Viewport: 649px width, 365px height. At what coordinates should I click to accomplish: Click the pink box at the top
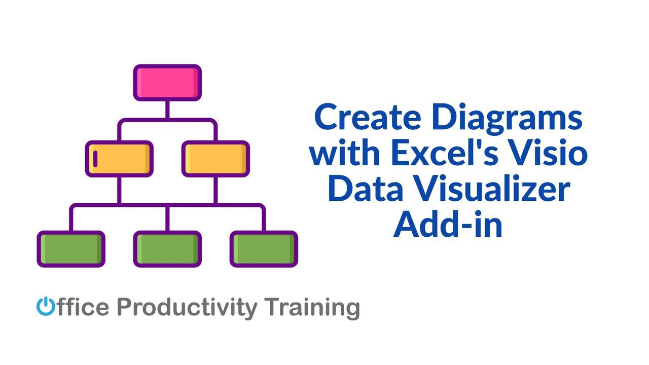(x=167, y=83)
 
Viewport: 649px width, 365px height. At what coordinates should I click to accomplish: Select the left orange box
(x=119, y=159)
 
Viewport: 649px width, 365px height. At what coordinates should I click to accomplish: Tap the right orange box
(x=215, y=159)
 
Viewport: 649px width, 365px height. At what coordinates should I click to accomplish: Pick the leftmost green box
(x=71, y=249)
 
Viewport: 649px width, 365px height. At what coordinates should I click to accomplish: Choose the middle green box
(x=167, y=249)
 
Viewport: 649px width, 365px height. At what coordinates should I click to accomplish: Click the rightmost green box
(x=264, y=249)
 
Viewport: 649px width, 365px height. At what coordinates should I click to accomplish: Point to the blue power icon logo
(x=46, y=306)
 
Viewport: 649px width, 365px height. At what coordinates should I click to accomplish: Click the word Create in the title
(x=368, y=118)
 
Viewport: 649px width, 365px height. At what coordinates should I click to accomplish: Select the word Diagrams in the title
(x=507, y=119)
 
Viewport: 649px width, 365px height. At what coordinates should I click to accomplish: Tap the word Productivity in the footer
(x=187, y=308)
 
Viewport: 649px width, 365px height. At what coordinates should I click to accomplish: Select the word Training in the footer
(x=312, y=308)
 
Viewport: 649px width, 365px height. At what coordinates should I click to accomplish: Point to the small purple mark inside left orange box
(x=95, y=159)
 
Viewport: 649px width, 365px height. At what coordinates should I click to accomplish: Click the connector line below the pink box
(x=167, y=109)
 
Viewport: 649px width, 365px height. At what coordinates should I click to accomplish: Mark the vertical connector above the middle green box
(x=167, y=218)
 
